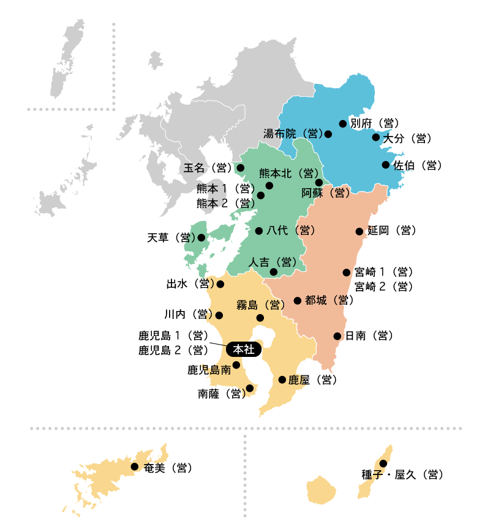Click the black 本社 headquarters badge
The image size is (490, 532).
244,350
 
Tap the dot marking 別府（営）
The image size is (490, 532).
343,124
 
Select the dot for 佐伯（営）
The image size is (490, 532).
386,165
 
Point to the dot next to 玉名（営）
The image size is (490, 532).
241,168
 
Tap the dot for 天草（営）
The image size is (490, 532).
202,238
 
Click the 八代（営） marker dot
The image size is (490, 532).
259,231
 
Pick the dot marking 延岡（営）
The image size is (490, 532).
360,231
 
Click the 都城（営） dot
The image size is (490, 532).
298,301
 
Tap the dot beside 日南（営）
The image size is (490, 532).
337,336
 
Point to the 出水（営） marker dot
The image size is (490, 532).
221,284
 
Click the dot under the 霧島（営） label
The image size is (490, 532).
260,318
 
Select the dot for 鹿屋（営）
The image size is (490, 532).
282,380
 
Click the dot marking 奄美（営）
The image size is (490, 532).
135,466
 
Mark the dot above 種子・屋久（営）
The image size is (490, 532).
383,463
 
